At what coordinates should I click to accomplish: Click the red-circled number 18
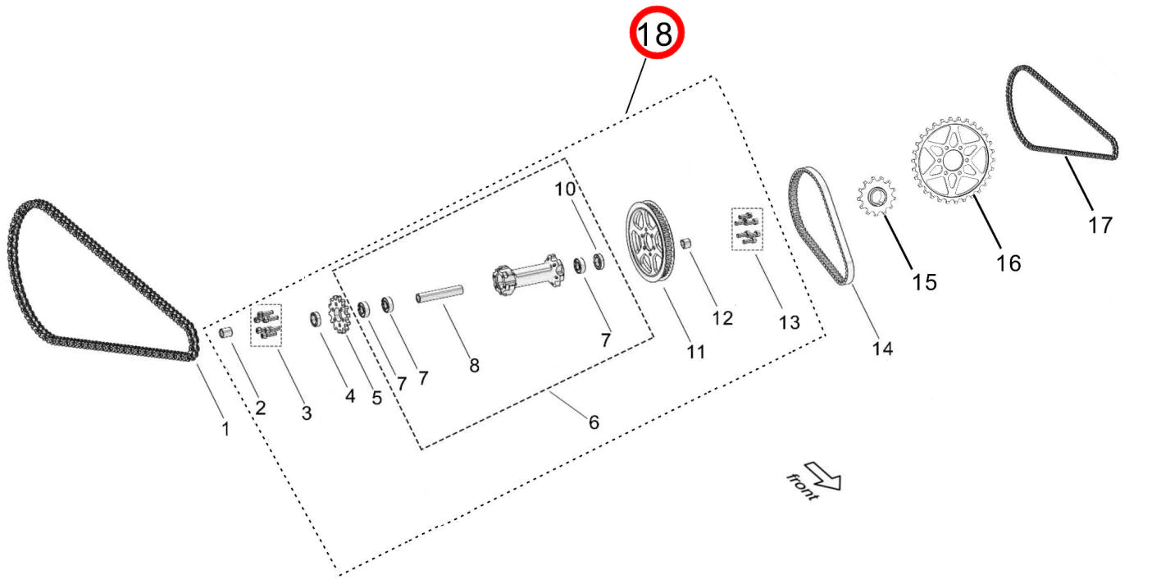[x=656, y=34]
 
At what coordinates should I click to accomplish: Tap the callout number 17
[x=1100, y=224]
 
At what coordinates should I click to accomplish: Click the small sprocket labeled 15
[x=877, y=198]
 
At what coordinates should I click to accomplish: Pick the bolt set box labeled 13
[x=747, y=228]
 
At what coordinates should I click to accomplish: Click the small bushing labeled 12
[x=689, y=244]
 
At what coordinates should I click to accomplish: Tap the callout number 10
[x=565, y=189]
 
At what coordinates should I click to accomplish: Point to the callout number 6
[x=594, y=422]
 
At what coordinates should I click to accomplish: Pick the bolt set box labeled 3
[x=265, y=322]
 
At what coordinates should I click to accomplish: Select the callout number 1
[x=226, y=427]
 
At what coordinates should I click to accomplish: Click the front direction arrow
[x=824, y=475]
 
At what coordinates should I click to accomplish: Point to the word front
[x=801, y=486]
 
